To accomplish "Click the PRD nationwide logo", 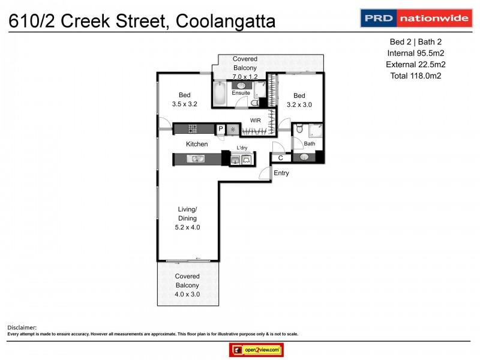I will coord(415,18).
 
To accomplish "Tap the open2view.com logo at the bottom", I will coord(256,350).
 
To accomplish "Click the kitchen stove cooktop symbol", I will coord(193,128).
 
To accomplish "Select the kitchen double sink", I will coord(196,159).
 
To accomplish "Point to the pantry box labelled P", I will coord(220,128).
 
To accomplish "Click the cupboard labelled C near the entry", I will coord(280,158).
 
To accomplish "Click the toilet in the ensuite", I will coord(254,103).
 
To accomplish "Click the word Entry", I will coord(281,173).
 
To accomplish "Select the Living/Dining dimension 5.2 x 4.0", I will coord(187,227).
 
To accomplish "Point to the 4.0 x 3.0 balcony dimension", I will coord(187,295).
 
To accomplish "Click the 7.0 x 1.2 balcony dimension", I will coord(245,76).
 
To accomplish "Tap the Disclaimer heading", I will coord(22,327).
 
